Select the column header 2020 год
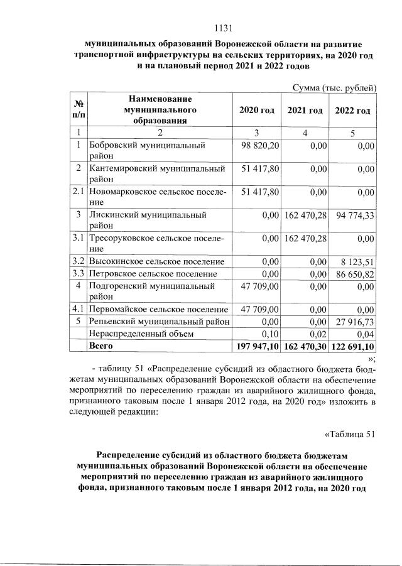(x=256, y=111)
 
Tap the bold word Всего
(x=101, y=346)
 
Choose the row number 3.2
(x=78, y=261)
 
